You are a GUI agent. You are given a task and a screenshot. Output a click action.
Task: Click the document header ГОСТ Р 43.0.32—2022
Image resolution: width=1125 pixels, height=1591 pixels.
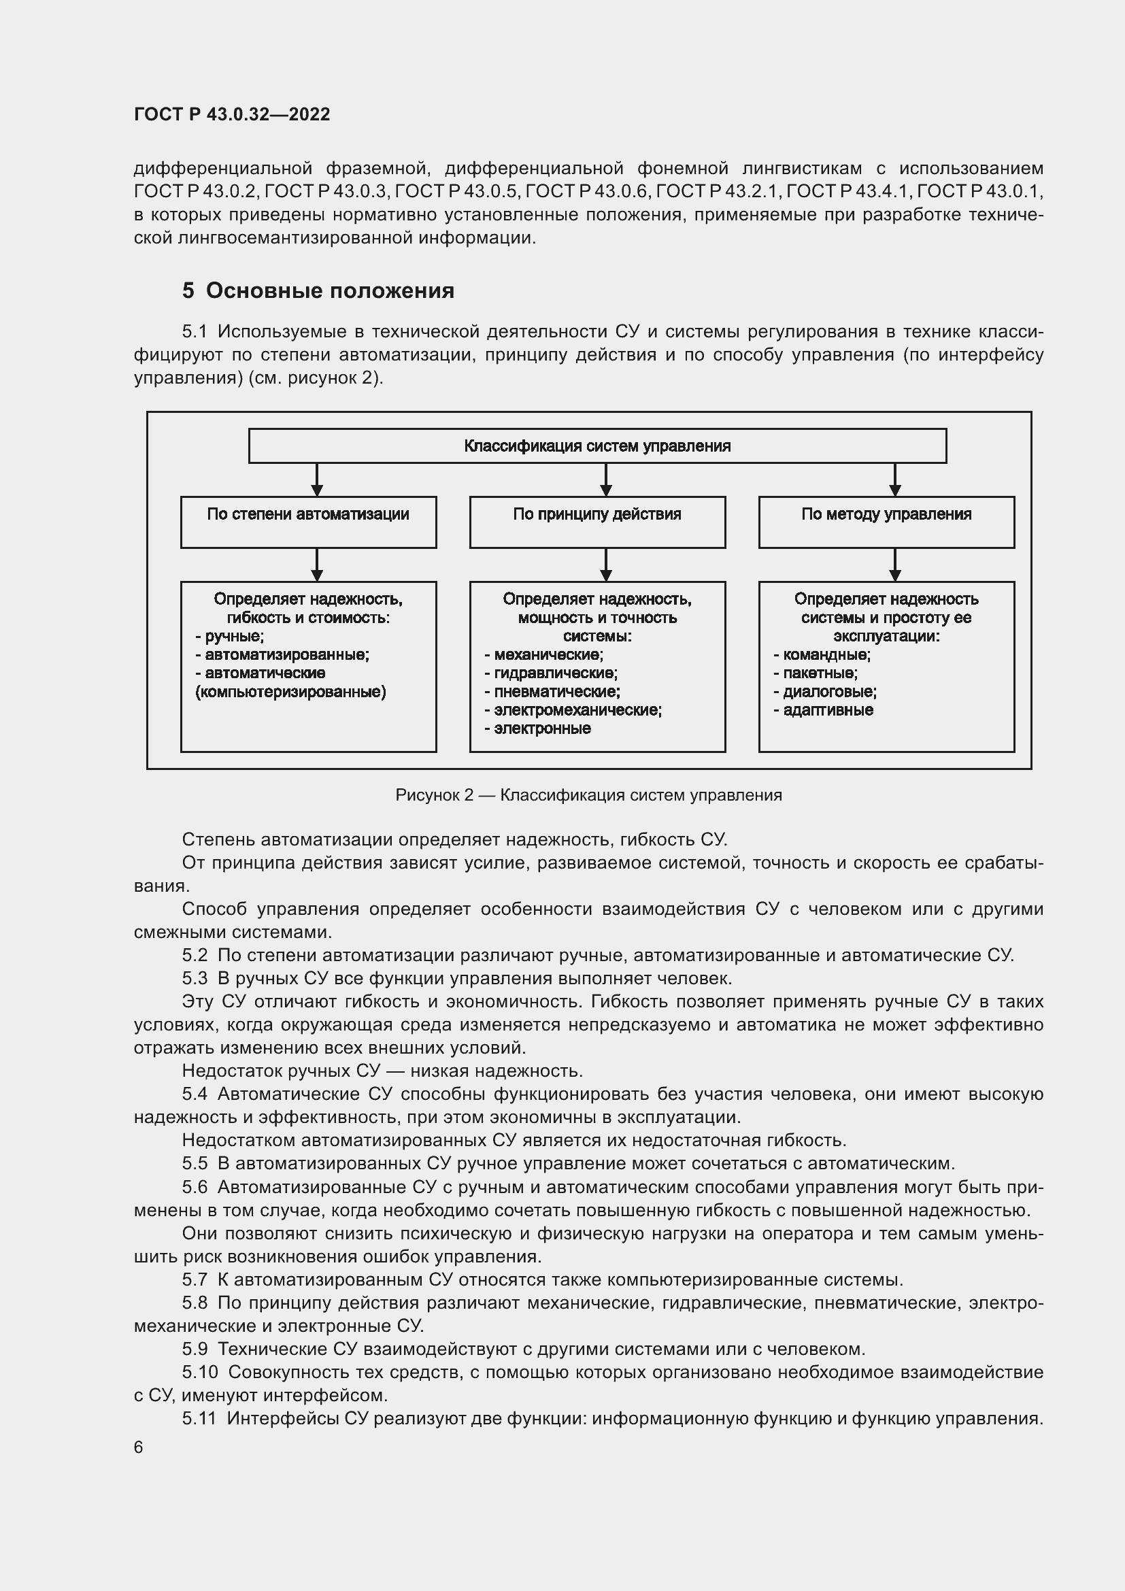pyautogui.click(x=231, y=114)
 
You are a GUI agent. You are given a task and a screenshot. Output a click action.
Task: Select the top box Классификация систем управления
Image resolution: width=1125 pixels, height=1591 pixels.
pyautogui.click(x=597, y=446)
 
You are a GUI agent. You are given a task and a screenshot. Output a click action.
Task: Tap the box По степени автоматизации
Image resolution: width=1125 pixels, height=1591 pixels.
pyautogui.click(x=307, y=521)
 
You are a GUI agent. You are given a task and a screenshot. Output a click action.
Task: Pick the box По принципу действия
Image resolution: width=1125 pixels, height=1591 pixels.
pyautogui.click(x=597, y=521)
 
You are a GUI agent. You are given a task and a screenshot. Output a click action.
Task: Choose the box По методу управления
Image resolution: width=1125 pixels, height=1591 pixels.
pyautogui.click(x=886, y=521)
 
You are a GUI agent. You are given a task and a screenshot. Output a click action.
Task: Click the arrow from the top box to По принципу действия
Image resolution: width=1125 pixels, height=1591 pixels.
pyautogui.click(x=605, y=480)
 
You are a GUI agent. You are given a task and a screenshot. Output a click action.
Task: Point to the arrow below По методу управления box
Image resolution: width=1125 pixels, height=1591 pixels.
pyautogui.click(x=894, y=564)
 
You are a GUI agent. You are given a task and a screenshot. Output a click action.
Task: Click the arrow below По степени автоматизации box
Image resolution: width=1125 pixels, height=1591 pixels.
pyautogui.click(x=316, y=564)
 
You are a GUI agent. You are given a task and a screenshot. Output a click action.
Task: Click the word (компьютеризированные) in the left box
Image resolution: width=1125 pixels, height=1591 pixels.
pyautogui.click(x=291, y=692)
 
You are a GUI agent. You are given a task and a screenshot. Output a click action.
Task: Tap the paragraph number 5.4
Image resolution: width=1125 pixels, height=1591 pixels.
pyautogui.click(x=195, y=1094)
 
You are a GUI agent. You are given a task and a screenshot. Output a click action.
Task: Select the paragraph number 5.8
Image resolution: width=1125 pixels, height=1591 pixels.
pyautogui.click(x=195, y=1303)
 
